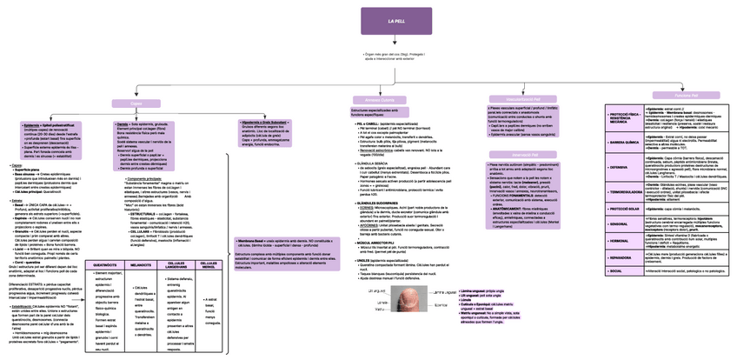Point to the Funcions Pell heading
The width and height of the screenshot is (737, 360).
[667, 95]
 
